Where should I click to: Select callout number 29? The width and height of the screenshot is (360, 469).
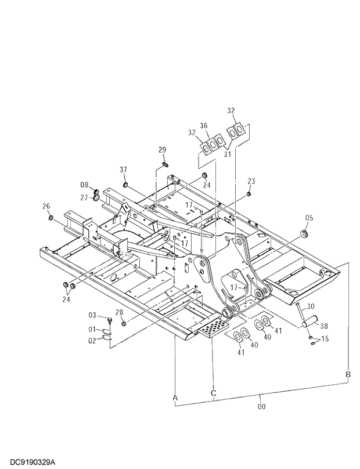[x=163, y=150]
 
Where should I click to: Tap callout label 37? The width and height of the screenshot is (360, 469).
[x=123, y=169]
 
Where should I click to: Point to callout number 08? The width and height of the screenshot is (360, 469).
[x=85, y=185]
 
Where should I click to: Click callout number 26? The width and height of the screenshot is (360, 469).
[x=46, y=206]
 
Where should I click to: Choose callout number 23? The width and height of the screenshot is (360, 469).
[x=251, y=181]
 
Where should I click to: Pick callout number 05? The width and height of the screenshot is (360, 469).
[x=309, y=218]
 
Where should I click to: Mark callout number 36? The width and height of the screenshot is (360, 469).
[x=204, y=125]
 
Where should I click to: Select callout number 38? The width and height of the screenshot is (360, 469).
[x=324, y=326]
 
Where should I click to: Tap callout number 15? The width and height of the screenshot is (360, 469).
[x=324, y=338]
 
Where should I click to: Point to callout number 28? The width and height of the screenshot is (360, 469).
[x=119, y=313]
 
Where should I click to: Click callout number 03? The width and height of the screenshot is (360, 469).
[x=92, y=316]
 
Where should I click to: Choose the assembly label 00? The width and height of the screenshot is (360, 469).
[x=261, y=407]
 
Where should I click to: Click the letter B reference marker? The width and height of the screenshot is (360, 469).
[x=348, y=374]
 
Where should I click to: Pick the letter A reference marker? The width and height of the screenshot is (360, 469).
[x=174, y=397]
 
